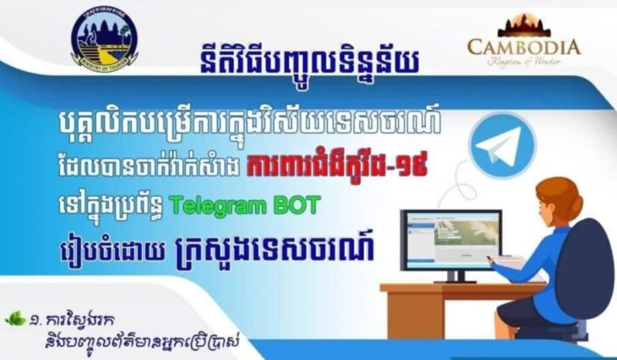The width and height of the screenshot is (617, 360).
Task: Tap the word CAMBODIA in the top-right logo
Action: point(524,46)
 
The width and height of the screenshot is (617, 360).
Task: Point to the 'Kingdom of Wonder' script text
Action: point(524,61)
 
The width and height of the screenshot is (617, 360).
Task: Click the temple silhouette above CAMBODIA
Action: point(524,26)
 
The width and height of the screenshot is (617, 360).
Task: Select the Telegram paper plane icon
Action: point(494,145)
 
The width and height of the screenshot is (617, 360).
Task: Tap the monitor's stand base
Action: point(455,280)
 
